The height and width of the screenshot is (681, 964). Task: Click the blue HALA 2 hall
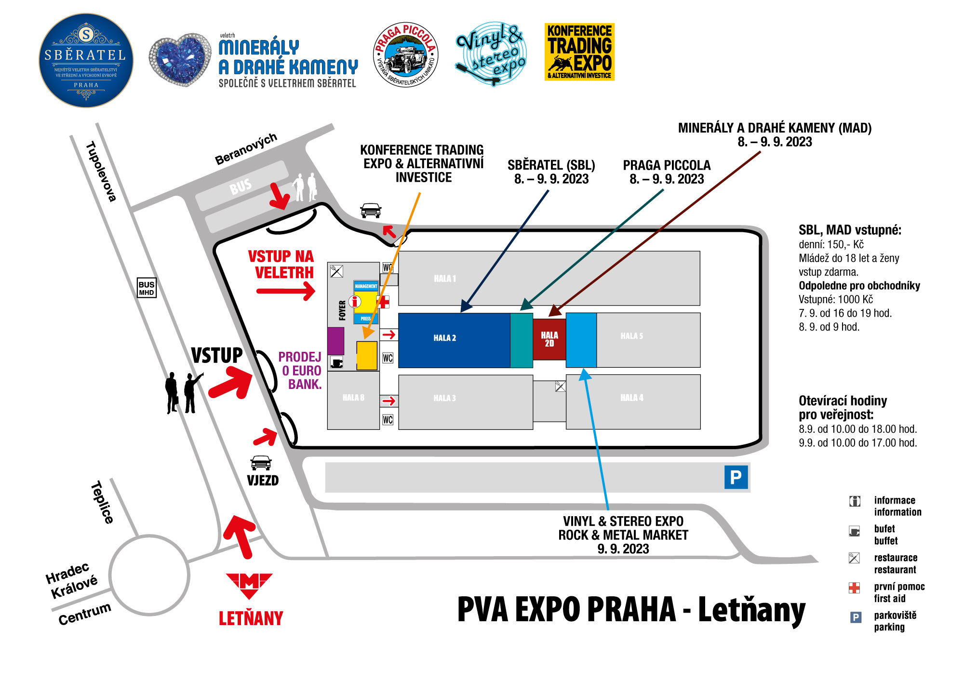click(x=454, y=340)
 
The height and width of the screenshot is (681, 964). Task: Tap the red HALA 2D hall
click(x=549, y=339)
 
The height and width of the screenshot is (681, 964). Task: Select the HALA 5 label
click(x=631, y=336)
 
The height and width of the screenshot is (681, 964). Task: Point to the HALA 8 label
click(x=353, y=398)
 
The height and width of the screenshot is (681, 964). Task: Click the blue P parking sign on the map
click(x=736, y=477)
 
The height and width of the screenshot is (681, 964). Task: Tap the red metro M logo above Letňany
click(x=249, y=585)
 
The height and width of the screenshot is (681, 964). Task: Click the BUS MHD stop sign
click(x=147, y=288)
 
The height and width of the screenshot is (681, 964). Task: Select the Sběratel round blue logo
click(x=86, y=60)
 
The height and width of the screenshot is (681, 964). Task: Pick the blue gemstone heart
click(x=180, y=59)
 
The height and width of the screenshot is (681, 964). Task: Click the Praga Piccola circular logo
click(x=406, y=55)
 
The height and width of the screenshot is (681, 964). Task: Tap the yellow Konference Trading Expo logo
click(x=579, y=52)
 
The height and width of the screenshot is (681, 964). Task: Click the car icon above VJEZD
click(x=261, y=463)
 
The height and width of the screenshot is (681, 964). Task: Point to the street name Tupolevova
click(x=101, y=171)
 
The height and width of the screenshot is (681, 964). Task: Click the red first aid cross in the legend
click(x=854, y=588)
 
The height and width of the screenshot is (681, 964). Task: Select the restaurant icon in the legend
click(x=854, y=558)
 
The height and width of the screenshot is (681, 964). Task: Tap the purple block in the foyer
click(x=335, y=341)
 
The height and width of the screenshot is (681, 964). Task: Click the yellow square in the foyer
click(x=367, y=356)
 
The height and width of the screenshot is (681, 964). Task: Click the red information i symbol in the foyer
click(x=355, y=302)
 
